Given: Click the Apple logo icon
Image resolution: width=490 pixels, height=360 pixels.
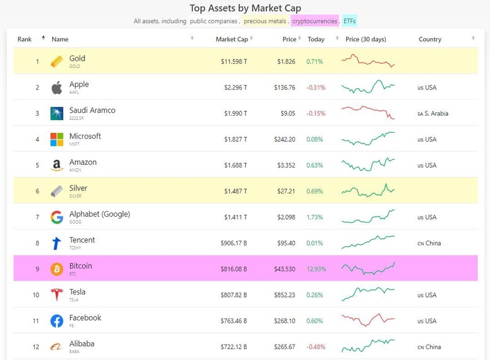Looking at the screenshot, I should [x=57, y=88].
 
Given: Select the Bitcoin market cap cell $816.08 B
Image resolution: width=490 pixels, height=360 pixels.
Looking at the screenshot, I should [x=234, y=269].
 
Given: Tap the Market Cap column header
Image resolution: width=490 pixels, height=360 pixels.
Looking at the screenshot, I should [x=232, y=39].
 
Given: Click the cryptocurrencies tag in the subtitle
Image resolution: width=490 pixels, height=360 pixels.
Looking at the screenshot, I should [x=314, y=21].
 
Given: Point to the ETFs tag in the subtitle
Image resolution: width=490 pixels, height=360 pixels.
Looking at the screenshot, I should [x=350, y=21].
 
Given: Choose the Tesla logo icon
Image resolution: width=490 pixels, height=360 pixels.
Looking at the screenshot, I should [x=57, y=294].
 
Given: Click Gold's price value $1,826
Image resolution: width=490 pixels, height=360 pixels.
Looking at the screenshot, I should [x=286, y=62].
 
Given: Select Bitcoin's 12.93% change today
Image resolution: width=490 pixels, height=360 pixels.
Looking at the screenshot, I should [x=317, y=269].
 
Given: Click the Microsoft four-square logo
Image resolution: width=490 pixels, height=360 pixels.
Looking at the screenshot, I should [x=57, y=140].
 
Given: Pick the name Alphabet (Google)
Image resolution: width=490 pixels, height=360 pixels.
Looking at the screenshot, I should [x=99, y=214].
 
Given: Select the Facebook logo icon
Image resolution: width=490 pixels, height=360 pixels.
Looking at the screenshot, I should [x=57, y=321].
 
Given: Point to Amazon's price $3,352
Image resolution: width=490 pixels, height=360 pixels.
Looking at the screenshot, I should [x=285, y=165].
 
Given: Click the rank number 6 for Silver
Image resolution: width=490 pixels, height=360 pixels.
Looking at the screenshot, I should [x=37, y=191].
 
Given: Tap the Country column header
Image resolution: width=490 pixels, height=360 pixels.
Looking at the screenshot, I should [x=430, y=39].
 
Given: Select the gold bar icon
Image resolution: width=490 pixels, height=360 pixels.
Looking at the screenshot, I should [x=57, y=61].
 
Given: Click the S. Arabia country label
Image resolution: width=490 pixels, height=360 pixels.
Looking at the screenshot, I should [x=436, y=113].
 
